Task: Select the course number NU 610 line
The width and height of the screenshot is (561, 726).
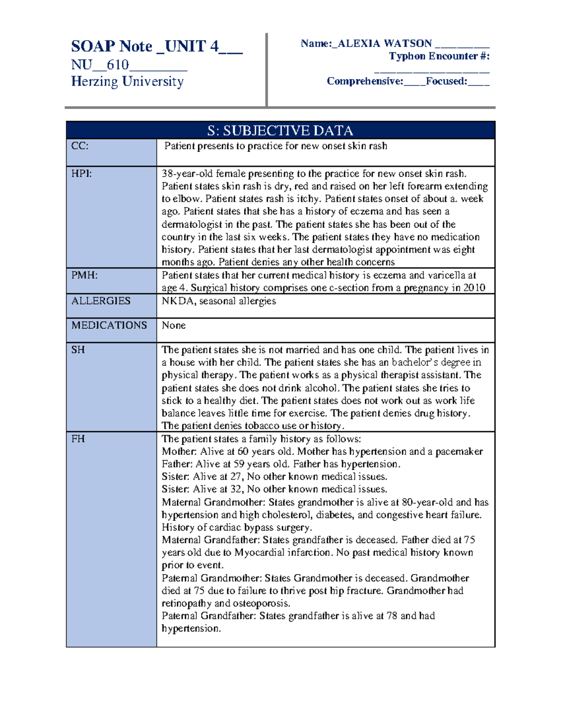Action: [129, 65]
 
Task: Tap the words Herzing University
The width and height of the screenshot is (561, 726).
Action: [127, 81]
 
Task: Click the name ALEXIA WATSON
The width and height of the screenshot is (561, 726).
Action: [384, 43]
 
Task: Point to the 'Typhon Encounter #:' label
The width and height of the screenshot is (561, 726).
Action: [439, 56]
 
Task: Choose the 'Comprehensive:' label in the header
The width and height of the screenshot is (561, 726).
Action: [365, 81]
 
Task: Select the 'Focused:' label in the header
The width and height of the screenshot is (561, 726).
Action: [446, 81]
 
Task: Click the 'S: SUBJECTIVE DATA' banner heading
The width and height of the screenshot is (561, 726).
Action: [280, 130]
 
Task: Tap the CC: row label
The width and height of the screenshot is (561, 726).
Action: [79, 146]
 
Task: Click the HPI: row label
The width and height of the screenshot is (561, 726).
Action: [81, 173]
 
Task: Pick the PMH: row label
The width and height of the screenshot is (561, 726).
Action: [84, 275]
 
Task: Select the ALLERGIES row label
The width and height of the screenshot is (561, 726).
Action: [101, 301]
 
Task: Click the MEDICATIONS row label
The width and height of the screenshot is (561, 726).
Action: [109, 325]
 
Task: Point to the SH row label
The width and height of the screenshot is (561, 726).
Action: [78, 350]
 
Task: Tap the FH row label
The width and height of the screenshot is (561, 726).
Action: [78, 438]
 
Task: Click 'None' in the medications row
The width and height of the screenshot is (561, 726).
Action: [173, 325]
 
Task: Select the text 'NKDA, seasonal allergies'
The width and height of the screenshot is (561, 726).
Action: [219, 301]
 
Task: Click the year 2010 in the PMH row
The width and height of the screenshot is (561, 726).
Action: [474, 288]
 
